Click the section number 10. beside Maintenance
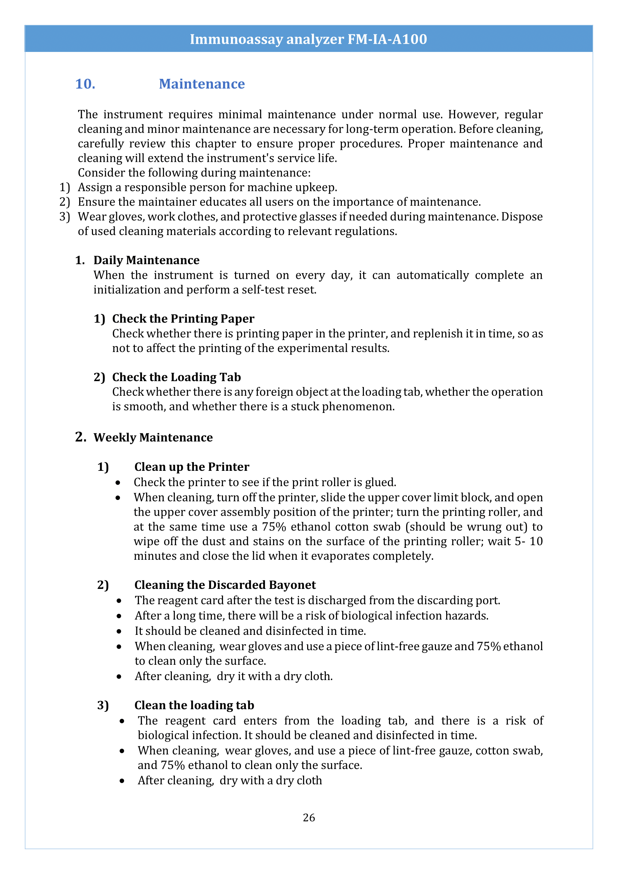(x=85, y=84)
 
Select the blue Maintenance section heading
(x=202, y=84)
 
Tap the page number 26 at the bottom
(x=309, y=817)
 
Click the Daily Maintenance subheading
(x=146, y=260)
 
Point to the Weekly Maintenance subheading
(x=153, y=438)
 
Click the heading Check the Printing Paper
(x=183, y=319)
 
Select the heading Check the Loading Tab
(x=176, y=377)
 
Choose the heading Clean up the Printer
(x=192, y=467)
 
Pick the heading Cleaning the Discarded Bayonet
(x=225, y=585)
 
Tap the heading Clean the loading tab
(x=194, y=705)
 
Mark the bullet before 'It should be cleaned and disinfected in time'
(x=119, y=631)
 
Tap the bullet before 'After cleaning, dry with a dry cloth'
(x=122, y=781)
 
